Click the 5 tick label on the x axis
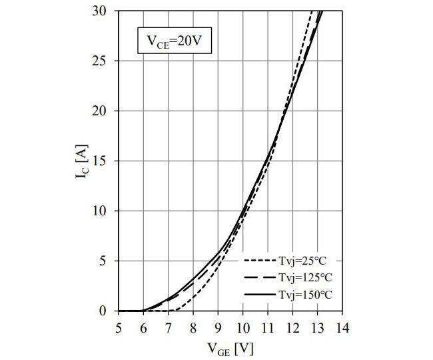coord(118,327)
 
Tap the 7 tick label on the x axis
coord(168,327)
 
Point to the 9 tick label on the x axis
coord(218,327)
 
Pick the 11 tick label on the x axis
coord(268,327)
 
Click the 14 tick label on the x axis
coord(342,327)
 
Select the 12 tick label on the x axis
coord(292,327)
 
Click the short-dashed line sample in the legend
coord(256,261)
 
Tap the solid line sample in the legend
coord(256,294)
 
